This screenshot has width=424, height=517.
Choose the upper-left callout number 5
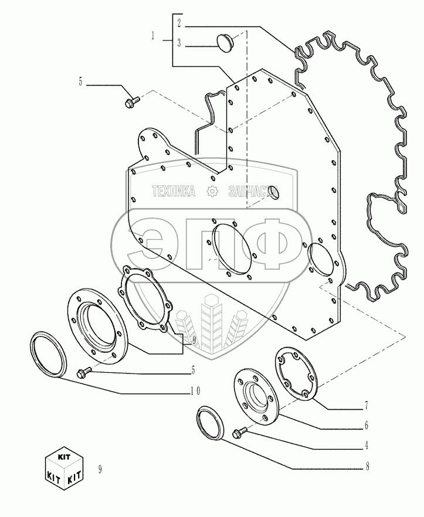81,82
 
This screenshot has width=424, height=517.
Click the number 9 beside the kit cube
101,468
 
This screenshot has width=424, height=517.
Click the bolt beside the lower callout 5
84,372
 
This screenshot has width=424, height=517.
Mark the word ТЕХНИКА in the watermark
174,191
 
